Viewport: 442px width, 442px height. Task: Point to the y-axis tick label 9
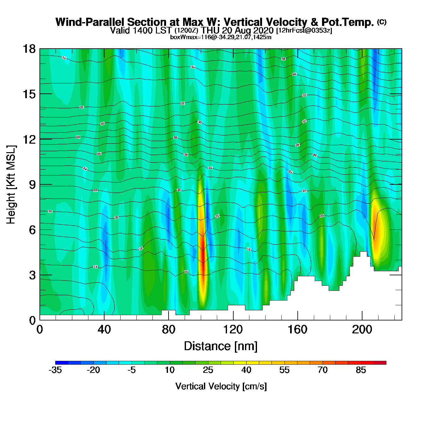pos(32,185)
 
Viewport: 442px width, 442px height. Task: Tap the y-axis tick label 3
pos(32,275)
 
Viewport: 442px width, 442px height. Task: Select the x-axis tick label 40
pos(104,330)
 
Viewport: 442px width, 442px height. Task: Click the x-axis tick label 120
pos(233,330)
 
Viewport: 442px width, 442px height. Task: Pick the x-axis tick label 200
pos(362,330)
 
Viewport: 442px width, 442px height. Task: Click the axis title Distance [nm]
pos(221,346)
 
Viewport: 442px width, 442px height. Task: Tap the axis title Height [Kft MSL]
pos(11,185)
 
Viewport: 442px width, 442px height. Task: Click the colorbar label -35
pos(55,370)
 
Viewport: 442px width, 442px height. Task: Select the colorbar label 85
pos(361,370)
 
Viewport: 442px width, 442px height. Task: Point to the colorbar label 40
pos(246,370)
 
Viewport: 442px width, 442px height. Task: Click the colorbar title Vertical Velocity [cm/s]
pos(221,386)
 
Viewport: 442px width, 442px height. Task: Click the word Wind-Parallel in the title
pos(90,22)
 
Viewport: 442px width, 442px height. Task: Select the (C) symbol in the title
pos(382,22)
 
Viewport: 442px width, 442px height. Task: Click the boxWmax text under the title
pos(221,37)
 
